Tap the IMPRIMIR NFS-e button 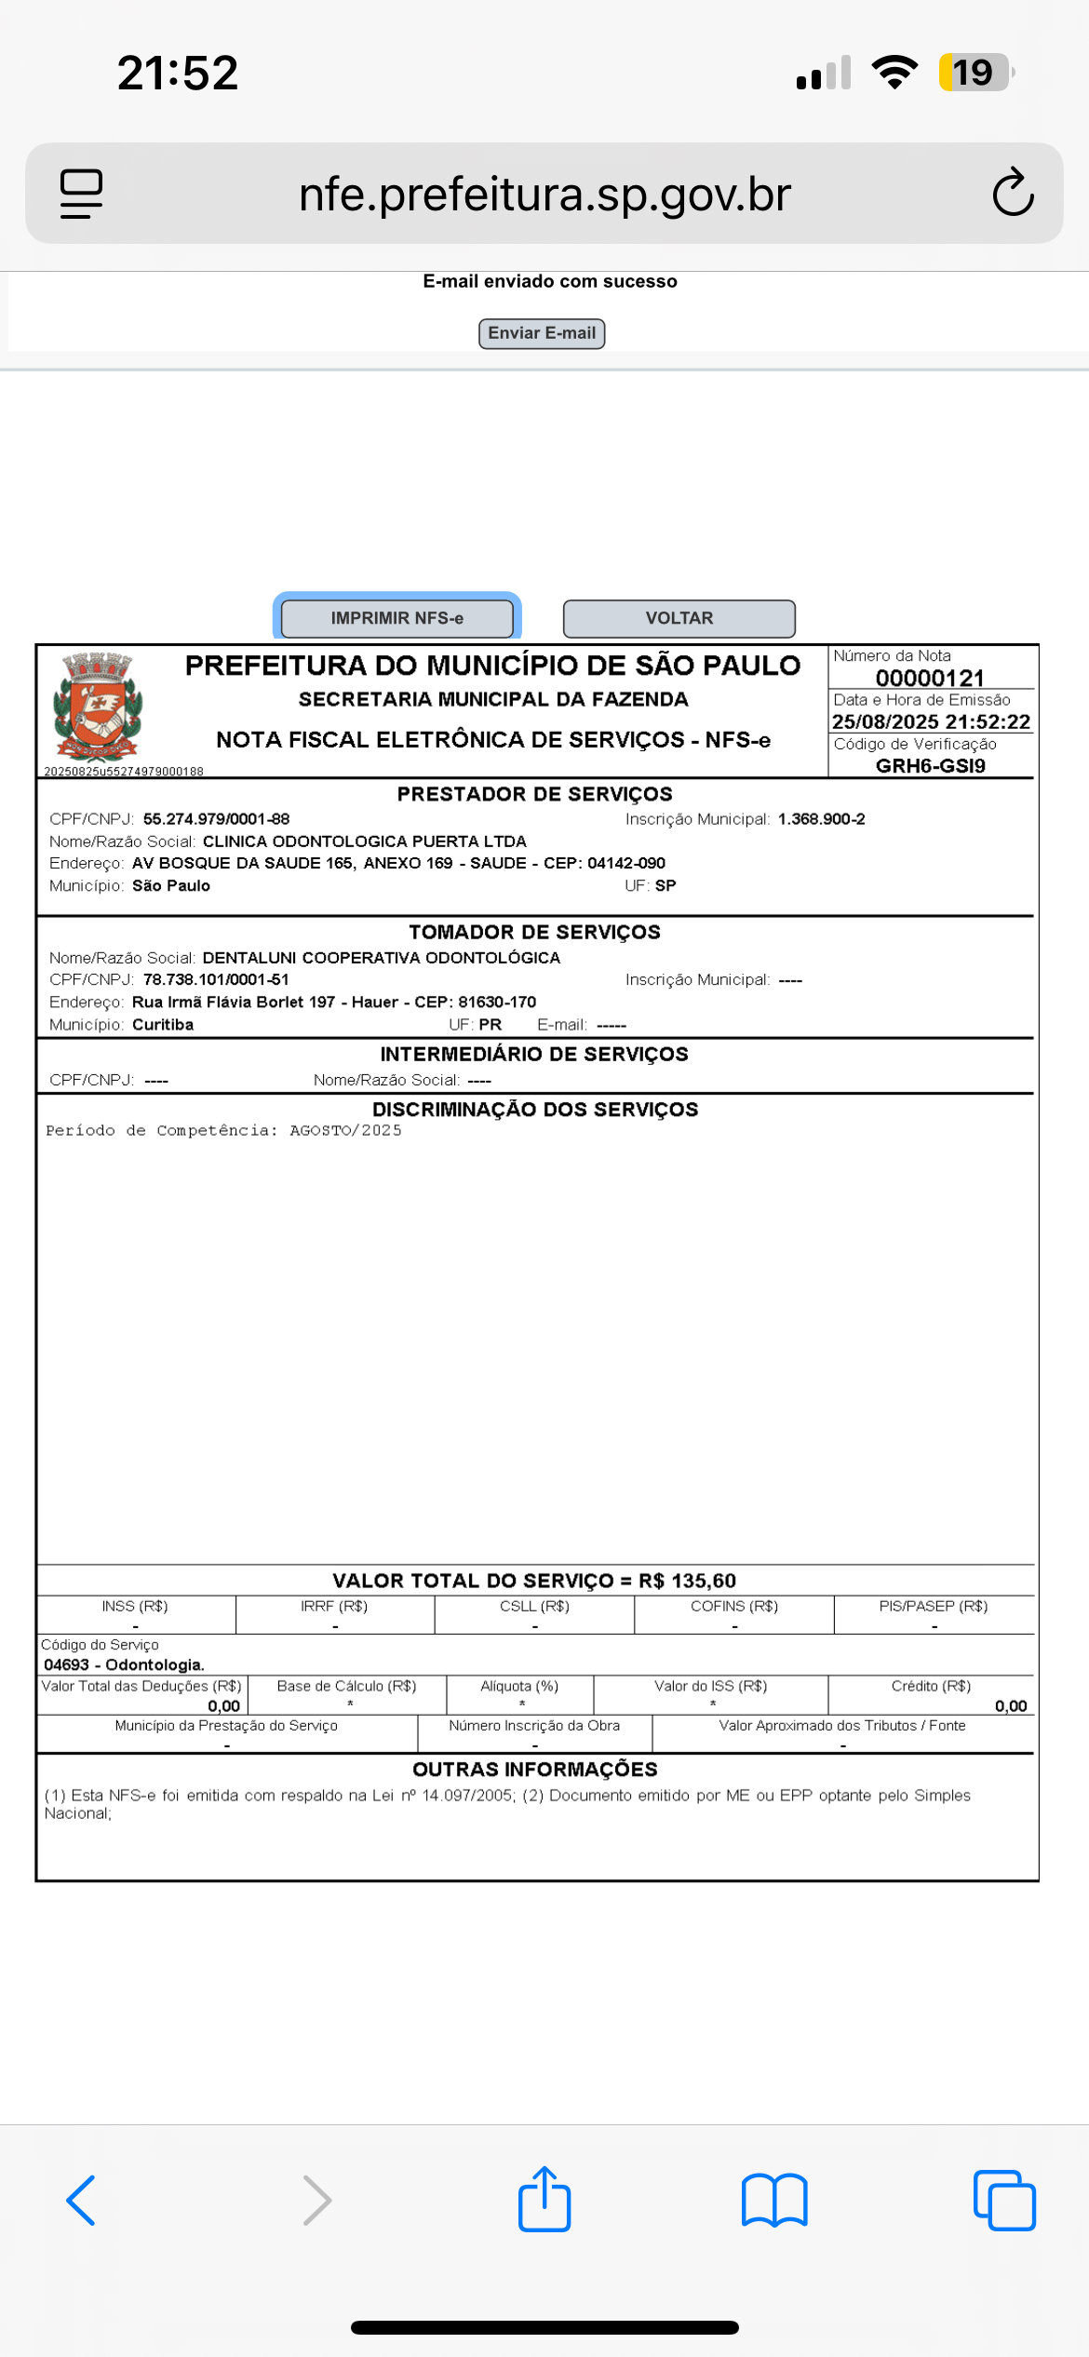pos(397,618)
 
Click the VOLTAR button pos(679,618)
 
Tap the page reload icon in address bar pos(1013,193)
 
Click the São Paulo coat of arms pos(97,707)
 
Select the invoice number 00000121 pos(929,678)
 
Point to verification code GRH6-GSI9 pos(930,765)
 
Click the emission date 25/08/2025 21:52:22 pos(930,721)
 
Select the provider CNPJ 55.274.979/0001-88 pos(216,819)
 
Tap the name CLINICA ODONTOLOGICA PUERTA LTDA pos(364,842)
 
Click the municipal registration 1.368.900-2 pos(821,819)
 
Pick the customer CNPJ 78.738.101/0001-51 pos(216,979)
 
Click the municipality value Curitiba pos(163,1025)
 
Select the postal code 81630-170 pos(497,1003)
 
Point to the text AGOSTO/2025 pos(345,1130)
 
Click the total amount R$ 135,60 pos(687,1581)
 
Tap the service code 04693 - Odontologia pos(124,1664)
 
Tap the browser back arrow pos(82,2201)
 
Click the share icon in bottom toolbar pos(544,2200)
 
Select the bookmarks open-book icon pos(773,2201)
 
